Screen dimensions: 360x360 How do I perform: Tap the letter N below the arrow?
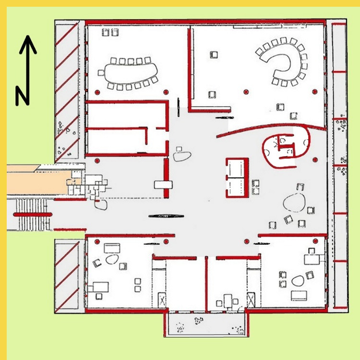click(23, 96)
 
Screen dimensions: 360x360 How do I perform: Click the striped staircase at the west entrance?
click(32, 214)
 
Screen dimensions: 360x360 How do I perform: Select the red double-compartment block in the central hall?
click(237, 177)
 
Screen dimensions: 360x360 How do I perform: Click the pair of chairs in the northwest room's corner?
click(110, 32)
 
